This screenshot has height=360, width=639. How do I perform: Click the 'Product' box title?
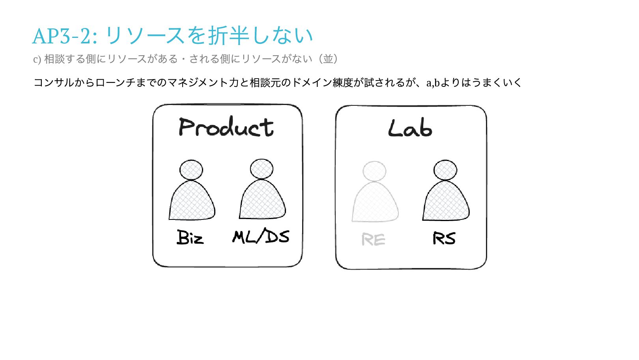coord(226,127)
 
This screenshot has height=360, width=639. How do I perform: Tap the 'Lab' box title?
coord(410,129)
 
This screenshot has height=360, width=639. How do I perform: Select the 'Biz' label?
coord(190,238)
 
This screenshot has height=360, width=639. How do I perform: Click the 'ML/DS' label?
coord(261,236)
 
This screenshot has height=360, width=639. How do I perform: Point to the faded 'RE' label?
coord(373,239)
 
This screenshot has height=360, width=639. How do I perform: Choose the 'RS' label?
coord(444,238)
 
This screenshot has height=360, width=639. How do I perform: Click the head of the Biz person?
coord(191,170)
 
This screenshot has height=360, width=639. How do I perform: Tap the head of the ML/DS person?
coord(262,169)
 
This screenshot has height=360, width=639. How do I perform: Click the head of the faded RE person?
coord(374,171)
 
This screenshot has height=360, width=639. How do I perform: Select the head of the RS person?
coord(445,170)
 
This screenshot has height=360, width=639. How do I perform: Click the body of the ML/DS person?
coord(262,201)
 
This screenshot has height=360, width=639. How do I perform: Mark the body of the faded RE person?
coord(375,203)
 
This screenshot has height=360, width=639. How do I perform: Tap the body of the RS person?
coord(446,202)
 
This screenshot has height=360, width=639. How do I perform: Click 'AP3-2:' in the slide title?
coord(65,36)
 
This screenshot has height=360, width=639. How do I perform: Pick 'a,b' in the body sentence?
coord(433,83)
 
